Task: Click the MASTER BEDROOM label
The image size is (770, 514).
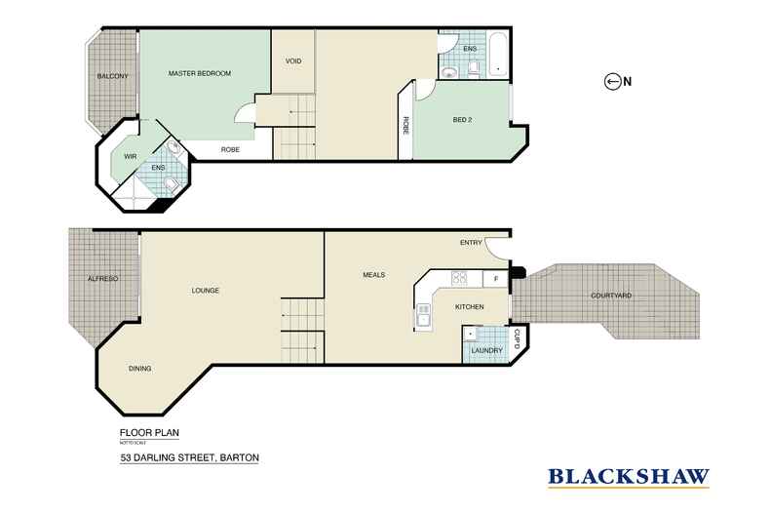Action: point(199,73)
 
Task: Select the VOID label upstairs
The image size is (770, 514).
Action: point(292,60)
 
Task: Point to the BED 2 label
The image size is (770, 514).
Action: point(464,120)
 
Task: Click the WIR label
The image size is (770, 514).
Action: point(129,156)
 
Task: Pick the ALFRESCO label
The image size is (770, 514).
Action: point(102,280)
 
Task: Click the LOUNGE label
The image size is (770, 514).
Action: point(205,291)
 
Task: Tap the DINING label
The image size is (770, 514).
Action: point(140,369)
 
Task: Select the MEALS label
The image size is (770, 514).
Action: point(372,275)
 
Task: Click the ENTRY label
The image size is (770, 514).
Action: point(472,243)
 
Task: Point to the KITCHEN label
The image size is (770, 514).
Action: point(470,307)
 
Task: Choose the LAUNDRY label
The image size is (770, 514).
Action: point(485,350)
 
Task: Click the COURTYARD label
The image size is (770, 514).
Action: point(611,296)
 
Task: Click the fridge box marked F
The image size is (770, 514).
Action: point(496,279)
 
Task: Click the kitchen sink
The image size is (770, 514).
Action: point(424,314)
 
